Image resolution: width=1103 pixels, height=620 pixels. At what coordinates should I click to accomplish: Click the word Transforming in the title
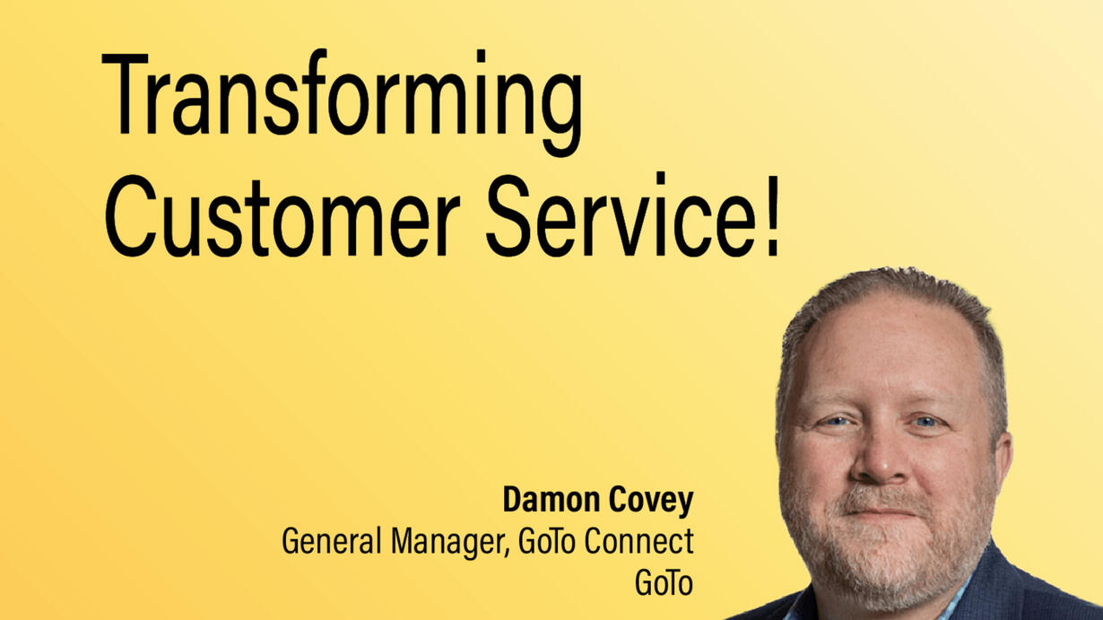click(x=343, y=102)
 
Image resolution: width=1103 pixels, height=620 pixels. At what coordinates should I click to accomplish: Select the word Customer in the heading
click(x=282, y=215)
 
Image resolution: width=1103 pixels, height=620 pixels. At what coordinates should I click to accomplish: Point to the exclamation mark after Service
click(x=771, y=215)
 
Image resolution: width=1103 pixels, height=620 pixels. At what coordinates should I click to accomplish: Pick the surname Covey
click(x=651, y=502)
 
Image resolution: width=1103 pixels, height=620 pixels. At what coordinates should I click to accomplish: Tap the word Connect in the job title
click(x=639, y=541)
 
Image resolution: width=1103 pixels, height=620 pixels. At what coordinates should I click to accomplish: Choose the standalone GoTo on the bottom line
click(x=664, y=582)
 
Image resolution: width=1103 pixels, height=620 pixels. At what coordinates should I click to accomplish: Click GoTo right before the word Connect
click(x=547, y=541)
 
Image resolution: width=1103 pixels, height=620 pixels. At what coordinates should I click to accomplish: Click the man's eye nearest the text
click(x=836, y=422)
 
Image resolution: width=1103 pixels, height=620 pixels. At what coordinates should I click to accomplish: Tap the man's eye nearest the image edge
click(x=925, y=422)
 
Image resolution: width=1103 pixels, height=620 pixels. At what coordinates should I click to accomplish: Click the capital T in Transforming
click(x=125, y=93)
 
